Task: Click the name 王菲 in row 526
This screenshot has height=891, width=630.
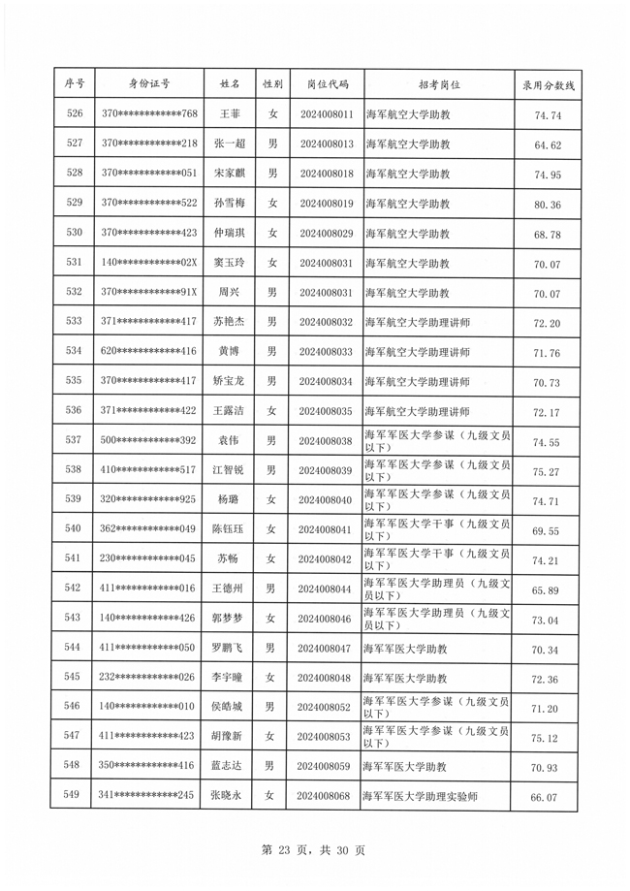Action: [229, 114]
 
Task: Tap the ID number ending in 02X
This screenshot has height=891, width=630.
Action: [148, 263]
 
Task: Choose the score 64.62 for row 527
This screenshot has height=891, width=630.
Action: [549, 144]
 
